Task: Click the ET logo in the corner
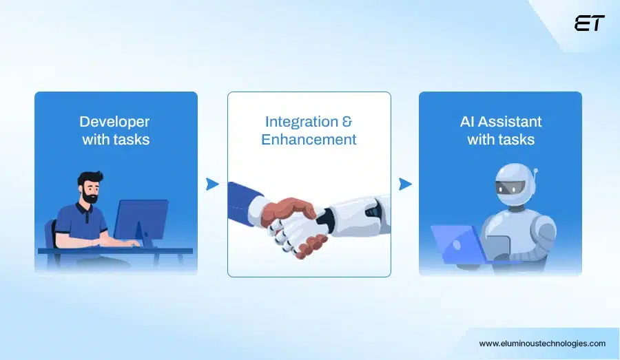(589, 23)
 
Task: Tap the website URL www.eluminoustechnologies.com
(542, 343)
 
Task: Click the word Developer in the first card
(114, 122)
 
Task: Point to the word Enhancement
(309, 140)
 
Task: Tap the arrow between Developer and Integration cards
(212, 184)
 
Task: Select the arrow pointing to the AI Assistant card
(405, 184)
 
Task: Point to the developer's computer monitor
(141, 218)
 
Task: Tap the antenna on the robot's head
(535, 172)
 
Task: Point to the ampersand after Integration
(347, 122)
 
